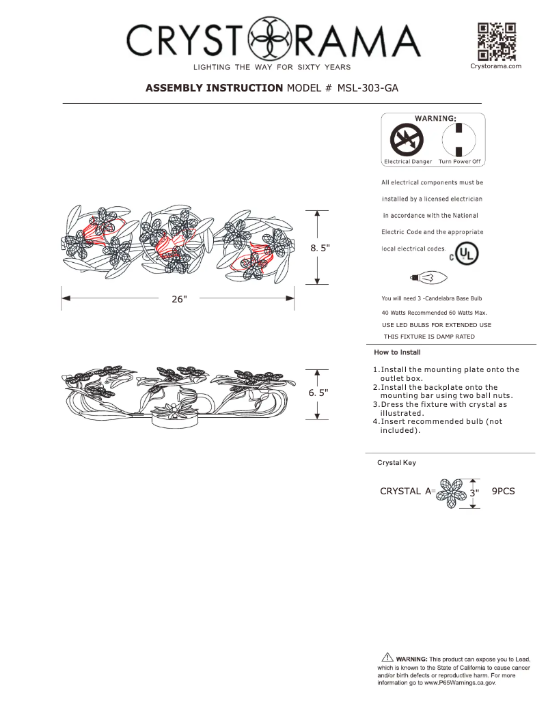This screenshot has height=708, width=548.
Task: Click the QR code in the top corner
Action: (496, 42)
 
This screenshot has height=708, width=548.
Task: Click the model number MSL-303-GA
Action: (368, 88)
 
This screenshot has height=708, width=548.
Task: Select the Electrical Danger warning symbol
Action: (407, 142)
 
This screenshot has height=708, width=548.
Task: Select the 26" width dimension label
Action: (179, 300)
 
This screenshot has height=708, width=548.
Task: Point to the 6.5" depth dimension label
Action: (318, 393)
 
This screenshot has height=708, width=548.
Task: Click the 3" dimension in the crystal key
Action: (473, 492)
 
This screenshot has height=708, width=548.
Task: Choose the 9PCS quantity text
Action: (503, 491)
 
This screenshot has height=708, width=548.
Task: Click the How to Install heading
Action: (397, 352)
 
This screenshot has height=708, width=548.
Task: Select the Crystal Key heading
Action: (396, 462)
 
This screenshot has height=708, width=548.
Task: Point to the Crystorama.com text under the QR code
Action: (496, 66)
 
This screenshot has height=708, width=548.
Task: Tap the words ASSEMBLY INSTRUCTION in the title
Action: (214, 88)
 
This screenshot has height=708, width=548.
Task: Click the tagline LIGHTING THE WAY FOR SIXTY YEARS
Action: (272, 67)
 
